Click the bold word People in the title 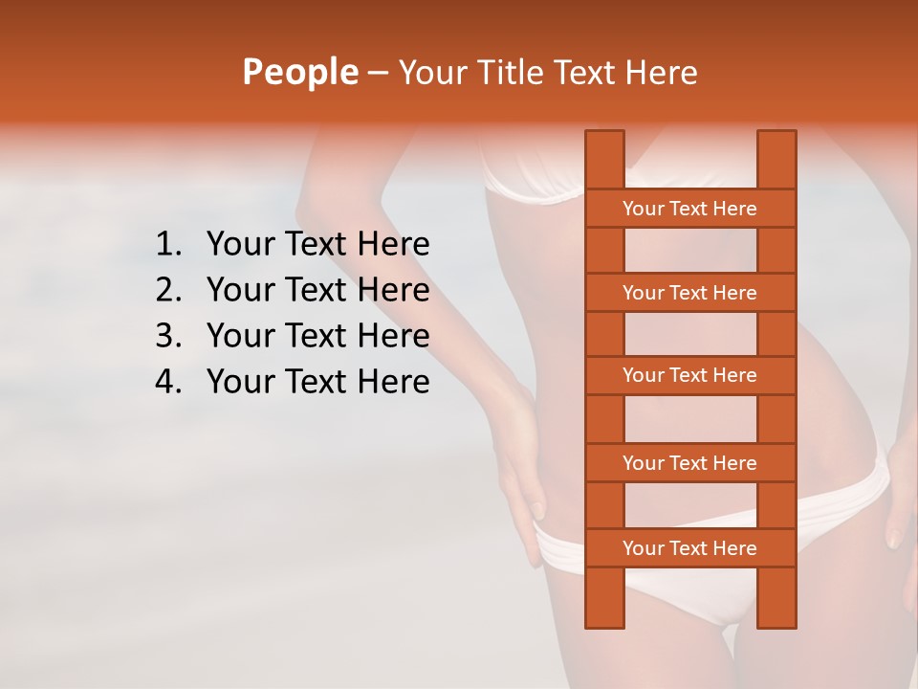point(299,72)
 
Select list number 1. point(168,245)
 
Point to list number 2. point(168,290)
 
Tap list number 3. point(168,336)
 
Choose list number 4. point(168,382)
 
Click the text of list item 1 point(317,245)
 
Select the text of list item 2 point(317,290)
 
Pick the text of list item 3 point(317,336)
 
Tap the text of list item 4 point(317,382)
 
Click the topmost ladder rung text point(689,209)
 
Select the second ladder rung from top point(689,293)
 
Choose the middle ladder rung point(689,375)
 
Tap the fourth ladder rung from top point(689,463)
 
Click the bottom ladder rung point(689,548)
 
